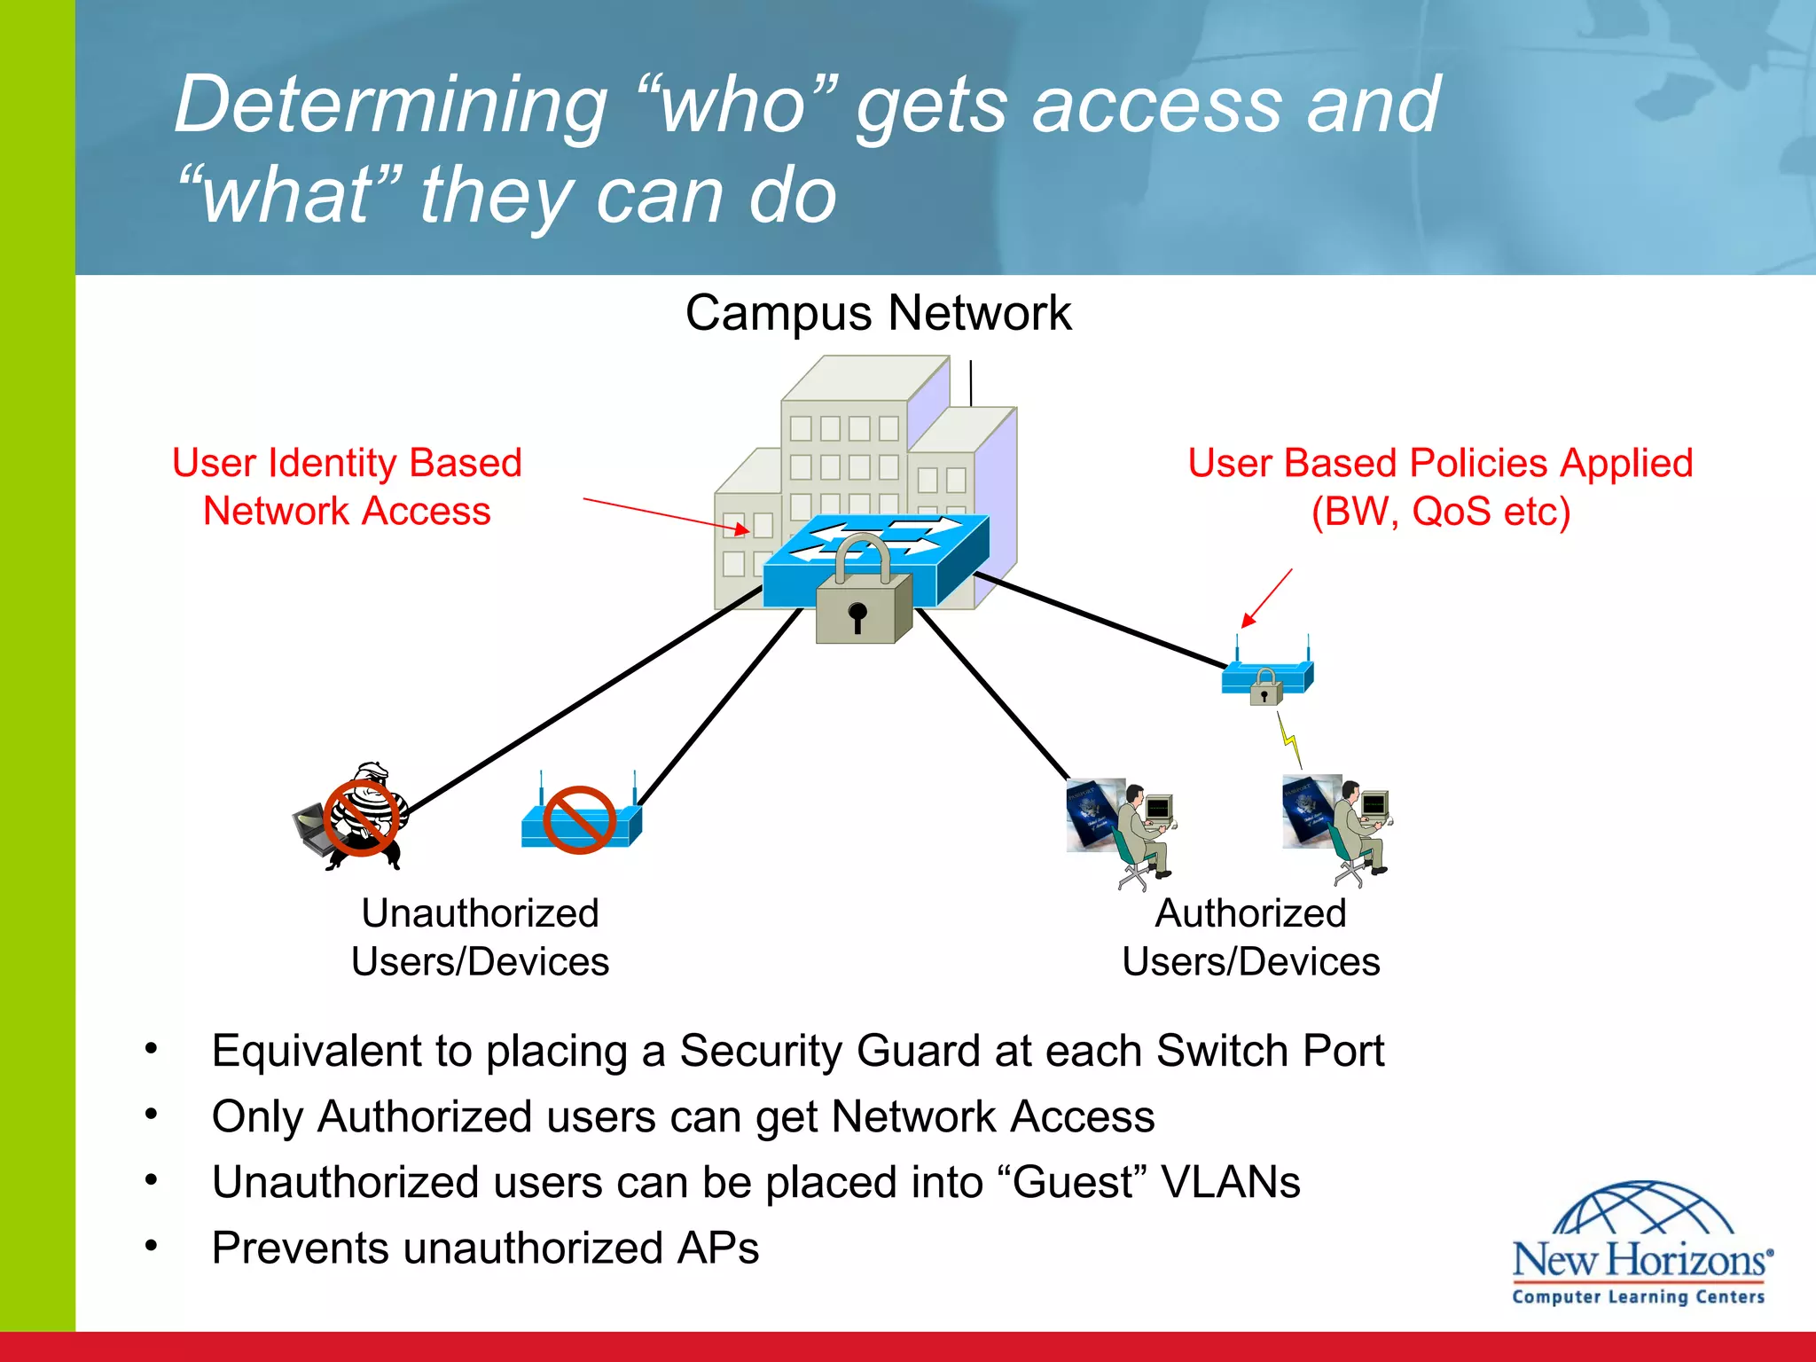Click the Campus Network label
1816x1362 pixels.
pyautogui.click(x=878, y=313)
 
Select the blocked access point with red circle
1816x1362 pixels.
pyautogui.click(x=580, y=820)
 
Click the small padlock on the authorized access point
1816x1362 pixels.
pyautogui.click(x=1265, y=688)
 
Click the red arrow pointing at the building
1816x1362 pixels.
pyautogui.click(x=665, y=514)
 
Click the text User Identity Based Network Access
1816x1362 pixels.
pyautogui.click(x=347, y=487)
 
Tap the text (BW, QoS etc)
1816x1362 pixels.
pyautogui.click(x=1440, y=512)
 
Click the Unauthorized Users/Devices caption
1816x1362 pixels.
pyautogui.click(x=480, y=937)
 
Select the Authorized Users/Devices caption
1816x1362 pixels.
pyautogui.click(x=1250, y=937)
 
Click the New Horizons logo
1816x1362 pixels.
pyautogui.click(x=1640, y=1246)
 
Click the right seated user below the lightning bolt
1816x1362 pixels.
pyautogui.click(x=1357, y=829)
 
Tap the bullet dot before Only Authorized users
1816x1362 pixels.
pyautogui.click(x=152, y=1114)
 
